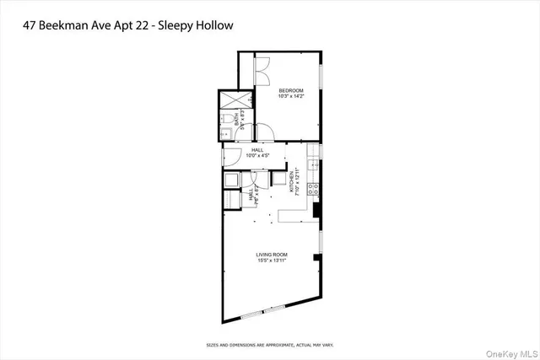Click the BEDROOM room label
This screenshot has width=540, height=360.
point(291,89)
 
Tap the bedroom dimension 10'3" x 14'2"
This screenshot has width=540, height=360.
point(291,96)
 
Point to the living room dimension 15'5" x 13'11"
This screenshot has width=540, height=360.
point(273,261)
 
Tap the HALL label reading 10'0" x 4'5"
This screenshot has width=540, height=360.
point(256,153)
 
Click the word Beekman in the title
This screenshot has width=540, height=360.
point(89,25)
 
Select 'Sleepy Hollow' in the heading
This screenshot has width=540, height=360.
point(201,25)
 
